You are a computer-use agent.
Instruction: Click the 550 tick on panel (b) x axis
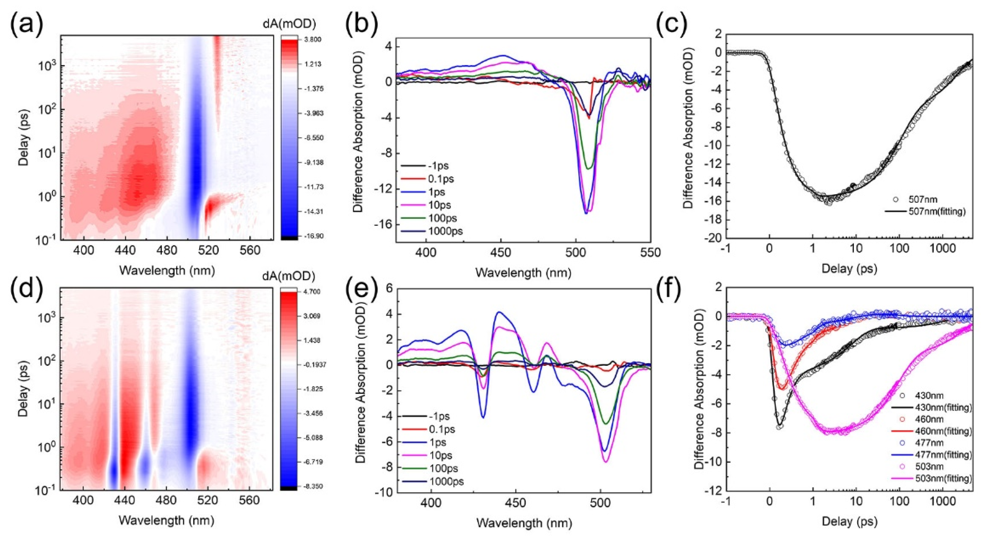[x=650, y=252]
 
